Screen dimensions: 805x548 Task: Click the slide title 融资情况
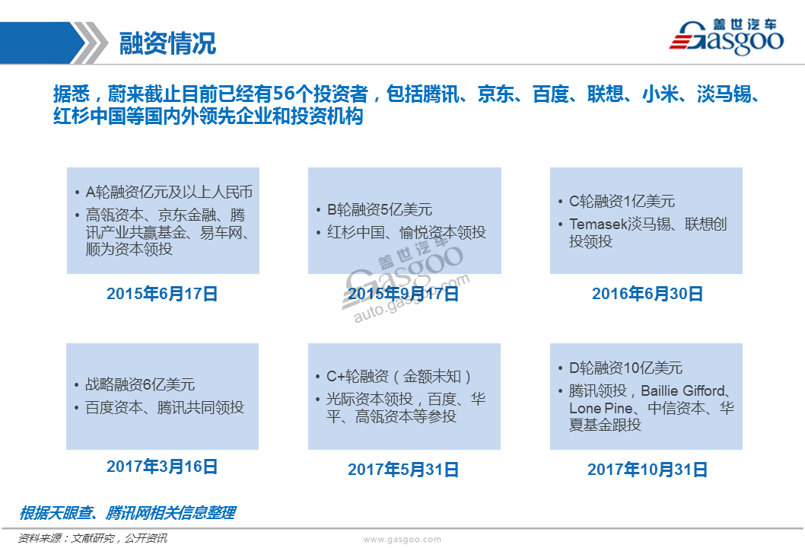point(167,43)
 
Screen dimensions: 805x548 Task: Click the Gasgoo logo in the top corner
point(727,37)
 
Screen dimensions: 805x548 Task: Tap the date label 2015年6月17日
point(162,294)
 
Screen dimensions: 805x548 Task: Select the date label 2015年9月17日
point(403,294)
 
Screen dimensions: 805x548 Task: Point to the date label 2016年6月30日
point(647,294)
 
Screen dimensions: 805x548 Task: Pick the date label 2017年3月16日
point(162,467)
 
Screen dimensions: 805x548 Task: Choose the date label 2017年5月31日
point(403,470)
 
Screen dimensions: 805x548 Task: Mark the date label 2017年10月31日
point(647,470)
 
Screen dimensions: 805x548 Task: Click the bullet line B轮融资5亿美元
point(380,209)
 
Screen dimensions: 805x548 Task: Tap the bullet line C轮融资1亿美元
point(622,202)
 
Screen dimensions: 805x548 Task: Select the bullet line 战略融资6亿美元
point(140,384)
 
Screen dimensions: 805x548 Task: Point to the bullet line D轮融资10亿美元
point(625,368)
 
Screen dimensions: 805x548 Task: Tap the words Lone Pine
point(600,408)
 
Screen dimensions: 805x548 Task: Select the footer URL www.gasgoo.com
point(402,540)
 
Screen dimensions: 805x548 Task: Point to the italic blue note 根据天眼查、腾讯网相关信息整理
point(127,512)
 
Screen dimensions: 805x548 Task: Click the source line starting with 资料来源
point(92,538)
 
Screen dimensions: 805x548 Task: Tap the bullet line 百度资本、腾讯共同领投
point(164,407)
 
